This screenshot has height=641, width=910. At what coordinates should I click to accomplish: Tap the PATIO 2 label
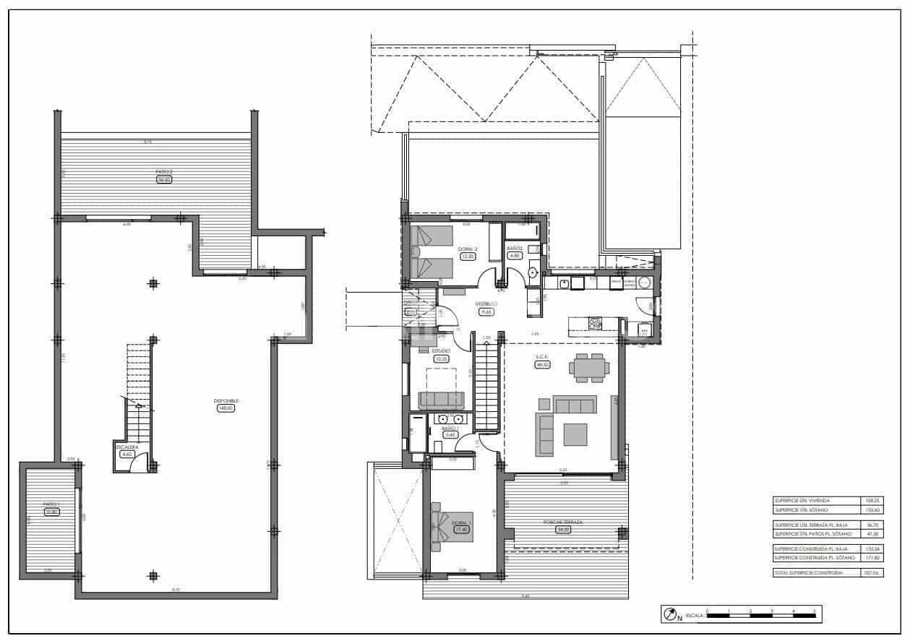coord(163,172)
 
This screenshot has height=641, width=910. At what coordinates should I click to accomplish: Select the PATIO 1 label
coord(50,504)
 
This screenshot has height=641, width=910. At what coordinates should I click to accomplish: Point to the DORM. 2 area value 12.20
coord(468,256)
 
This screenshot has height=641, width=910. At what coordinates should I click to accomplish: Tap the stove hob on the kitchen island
coord(596,323)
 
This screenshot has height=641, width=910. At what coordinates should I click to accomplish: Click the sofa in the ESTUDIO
coord(441,400)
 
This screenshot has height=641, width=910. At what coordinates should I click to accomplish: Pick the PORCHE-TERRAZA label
coord(564,522)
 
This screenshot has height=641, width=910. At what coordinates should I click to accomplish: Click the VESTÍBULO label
coord(486,304)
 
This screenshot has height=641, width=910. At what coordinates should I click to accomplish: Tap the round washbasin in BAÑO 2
coord(533,273)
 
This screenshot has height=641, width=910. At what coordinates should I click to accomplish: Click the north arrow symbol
coord(669,614)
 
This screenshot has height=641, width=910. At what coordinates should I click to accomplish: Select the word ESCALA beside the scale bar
coord(694,615)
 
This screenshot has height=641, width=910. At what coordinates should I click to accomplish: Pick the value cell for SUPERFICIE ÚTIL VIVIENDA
coord(873,500)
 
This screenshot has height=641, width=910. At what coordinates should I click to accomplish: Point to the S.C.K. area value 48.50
coord(542,365)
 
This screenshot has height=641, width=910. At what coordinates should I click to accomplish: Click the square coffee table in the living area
coord(575,434)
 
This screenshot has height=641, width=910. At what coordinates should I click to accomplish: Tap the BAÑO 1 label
coord(450,429)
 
